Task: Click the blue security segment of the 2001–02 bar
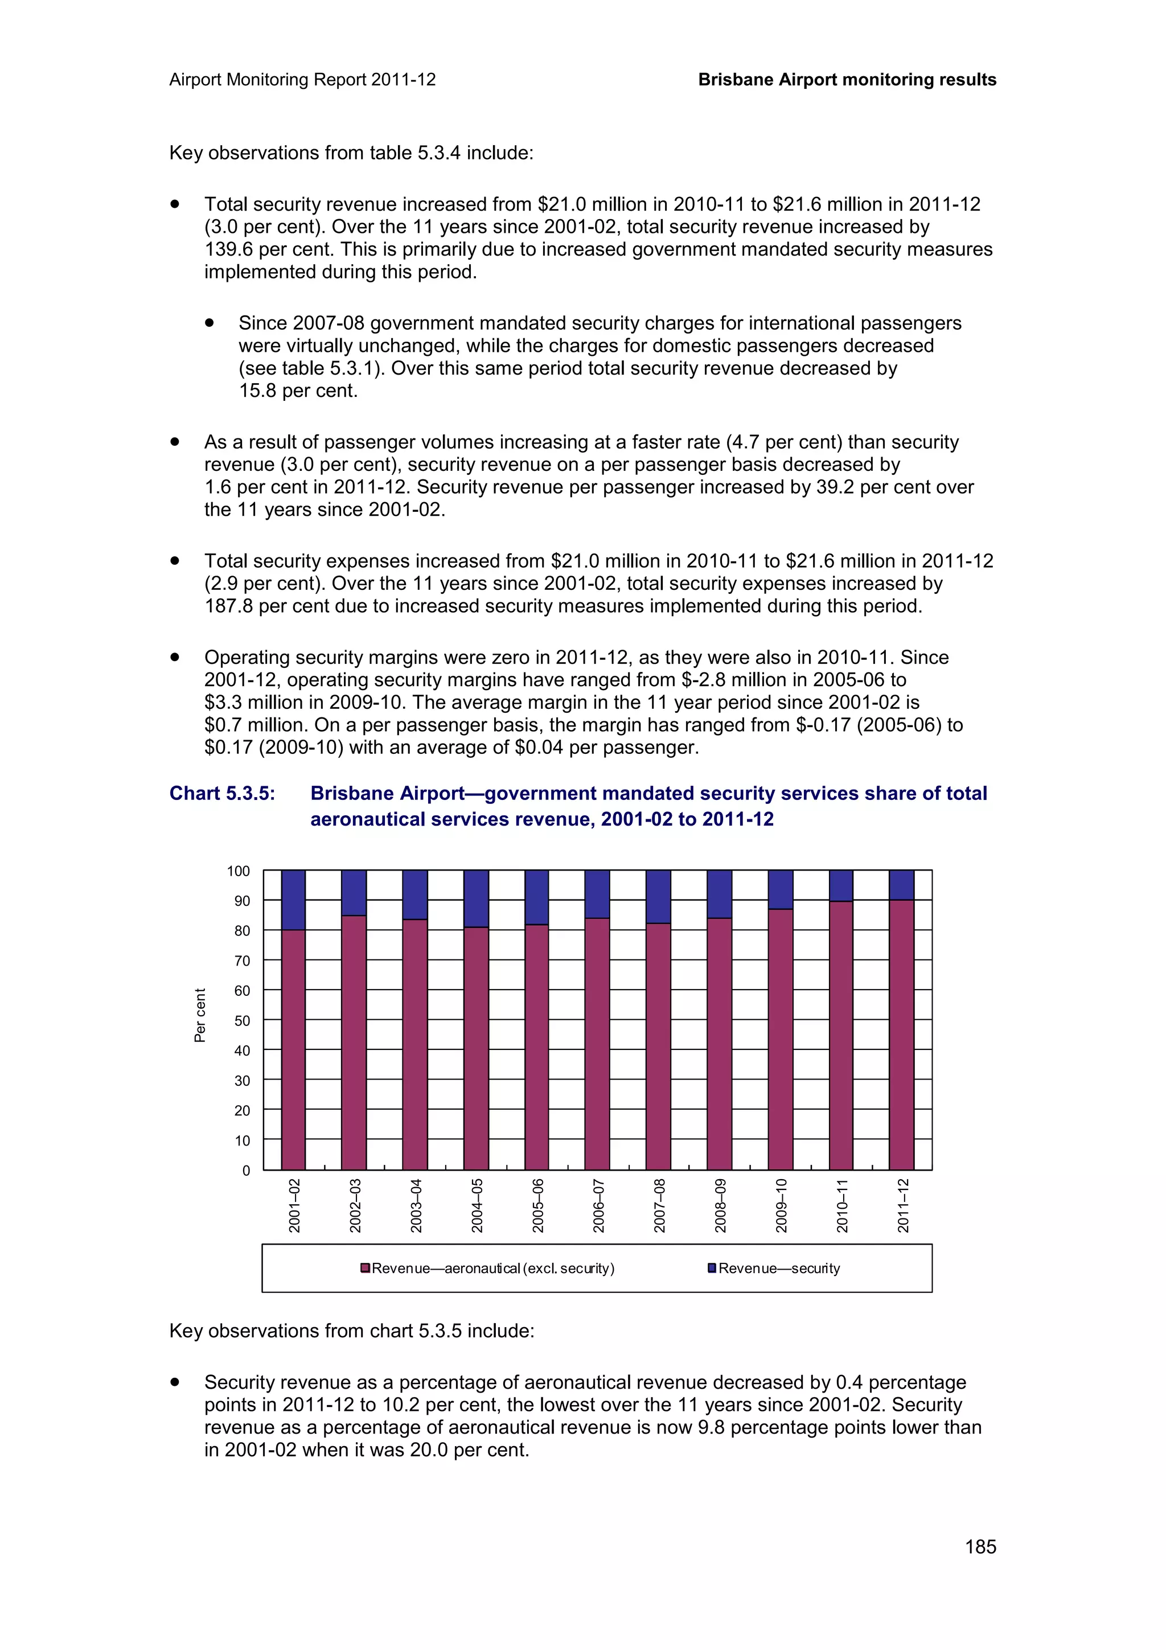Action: pos(293,900)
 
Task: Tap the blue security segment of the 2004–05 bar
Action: pos(475,898)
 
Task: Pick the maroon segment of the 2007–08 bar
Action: pos(658,1045)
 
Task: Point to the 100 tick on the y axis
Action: pos(239,871)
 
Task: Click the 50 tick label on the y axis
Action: pos(242,1020)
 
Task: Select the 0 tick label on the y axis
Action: pos(246,1171)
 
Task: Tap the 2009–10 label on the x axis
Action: pos(782,1205)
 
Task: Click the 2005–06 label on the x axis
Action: pos(538,1205)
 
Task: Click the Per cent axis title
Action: pos(200,1015)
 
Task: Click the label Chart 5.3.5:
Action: pos(222,793)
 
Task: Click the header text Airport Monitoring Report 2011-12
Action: pos(302,80)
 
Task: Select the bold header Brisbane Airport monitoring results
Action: pos(847,80)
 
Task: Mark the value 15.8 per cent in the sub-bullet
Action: pos(297,391)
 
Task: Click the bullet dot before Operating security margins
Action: pos(175,657)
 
